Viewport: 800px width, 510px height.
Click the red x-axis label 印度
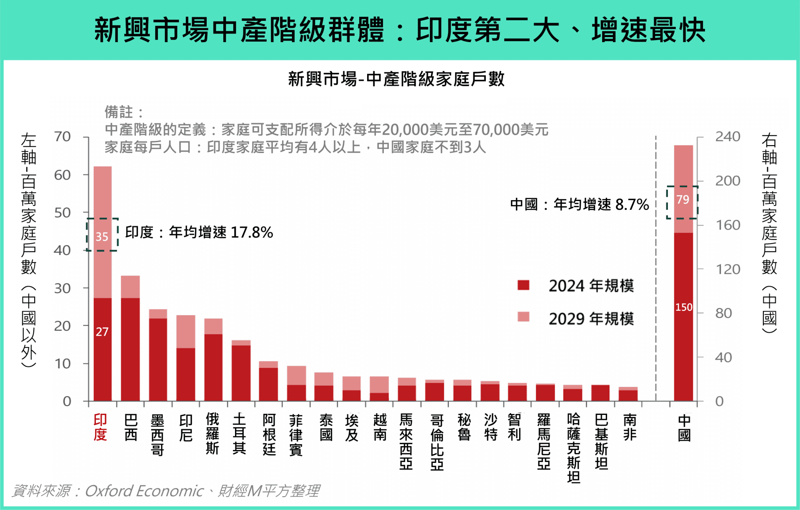point(100,427)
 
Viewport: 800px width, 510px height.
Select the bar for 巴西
point(130,338)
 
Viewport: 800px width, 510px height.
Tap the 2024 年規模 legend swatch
point(523,285)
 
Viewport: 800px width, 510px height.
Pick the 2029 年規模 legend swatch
point(523,317)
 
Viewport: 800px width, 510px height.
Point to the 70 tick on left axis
point(62,137)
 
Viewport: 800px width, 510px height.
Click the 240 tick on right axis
point(727,137)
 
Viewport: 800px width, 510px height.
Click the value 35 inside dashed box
point(102,237)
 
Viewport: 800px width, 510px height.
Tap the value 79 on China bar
point(682,200)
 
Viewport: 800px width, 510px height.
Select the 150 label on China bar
point(683,307)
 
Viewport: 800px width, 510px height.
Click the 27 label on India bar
point(102,332)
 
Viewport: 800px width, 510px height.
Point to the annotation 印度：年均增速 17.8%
point(199,232)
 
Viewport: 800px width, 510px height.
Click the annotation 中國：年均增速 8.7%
point(579,204)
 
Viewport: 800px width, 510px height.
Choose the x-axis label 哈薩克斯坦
point(573,448)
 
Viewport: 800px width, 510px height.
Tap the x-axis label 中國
point(684,428)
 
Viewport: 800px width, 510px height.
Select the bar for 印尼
point(185,359)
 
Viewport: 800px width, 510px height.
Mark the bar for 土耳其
point(241,371)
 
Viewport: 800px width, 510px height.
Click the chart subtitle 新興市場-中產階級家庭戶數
point(396,79)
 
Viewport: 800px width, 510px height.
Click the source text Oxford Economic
point(144,491)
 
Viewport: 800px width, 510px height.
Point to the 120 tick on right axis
point(727,269)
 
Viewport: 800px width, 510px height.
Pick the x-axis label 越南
point(380,427)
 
